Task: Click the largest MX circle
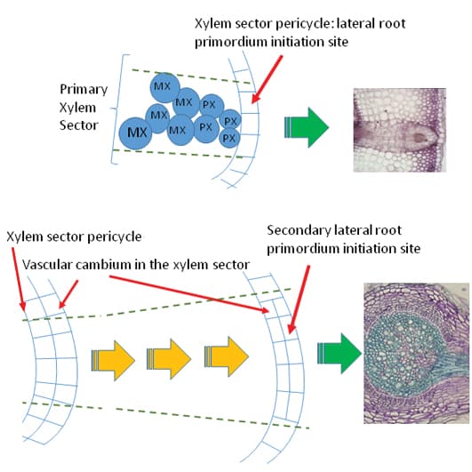pyautogui.click(x=136, y=132)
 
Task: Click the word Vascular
pyautogui.click(x=47, y=264)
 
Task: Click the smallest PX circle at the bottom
pyautogui.click(x=228, y=138)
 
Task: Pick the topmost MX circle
pyautogui.click(x=162, y=86)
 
